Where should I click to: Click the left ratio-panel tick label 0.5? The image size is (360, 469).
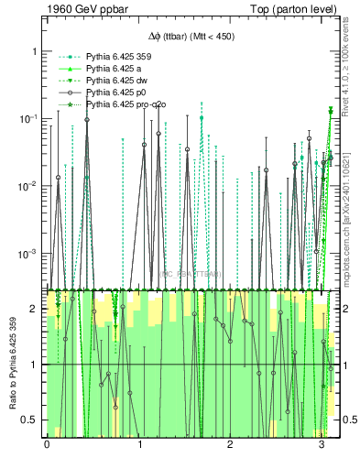(30, 420)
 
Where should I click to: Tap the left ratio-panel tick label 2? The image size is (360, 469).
(35, 309)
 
